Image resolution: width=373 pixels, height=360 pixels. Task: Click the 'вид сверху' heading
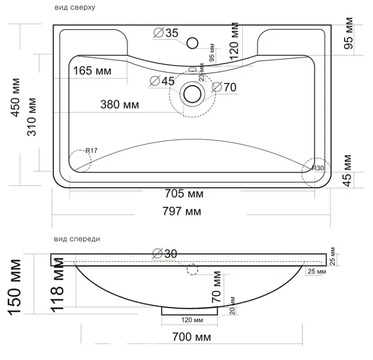[x=75, y=7]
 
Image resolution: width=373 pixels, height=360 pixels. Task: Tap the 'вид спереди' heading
[x=77, y=239]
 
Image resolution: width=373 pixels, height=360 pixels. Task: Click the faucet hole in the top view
[x=192, y=43]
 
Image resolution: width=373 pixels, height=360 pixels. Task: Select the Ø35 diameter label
[x=166, y=33]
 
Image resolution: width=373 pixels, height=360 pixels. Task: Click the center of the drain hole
[x=192, y=94]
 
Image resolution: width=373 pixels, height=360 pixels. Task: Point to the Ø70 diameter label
[x=224, y=87]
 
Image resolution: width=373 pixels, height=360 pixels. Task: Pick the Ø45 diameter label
[x=162, y=81]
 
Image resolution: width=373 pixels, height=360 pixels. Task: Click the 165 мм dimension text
[x=92, y=71]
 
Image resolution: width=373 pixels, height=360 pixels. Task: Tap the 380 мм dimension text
[x=120, y=105]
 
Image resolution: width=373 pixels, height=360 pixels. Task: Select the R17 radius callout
[x=91, y=151]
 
